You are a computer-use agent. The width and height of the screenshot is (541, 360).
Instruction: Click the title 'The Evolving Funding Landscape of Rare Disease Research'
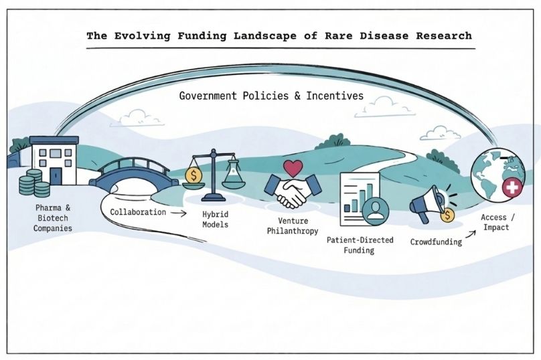279,35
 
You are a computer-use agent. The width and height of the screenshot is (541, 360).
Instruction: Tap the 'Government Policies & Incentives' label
271,96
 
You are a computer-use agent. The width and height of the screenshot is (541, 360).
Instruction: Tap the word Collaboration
137,211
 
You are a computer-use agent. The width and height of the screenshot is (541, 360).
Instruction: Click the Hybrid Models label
215,219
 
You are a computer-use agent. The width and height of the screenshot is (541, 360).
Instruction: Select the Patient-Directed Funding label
360,244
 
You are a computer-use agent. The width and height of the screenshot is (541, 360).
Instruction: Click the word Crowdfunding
436,242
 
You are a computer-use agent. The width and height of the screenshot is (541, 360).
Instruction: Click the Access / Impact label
495,222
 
